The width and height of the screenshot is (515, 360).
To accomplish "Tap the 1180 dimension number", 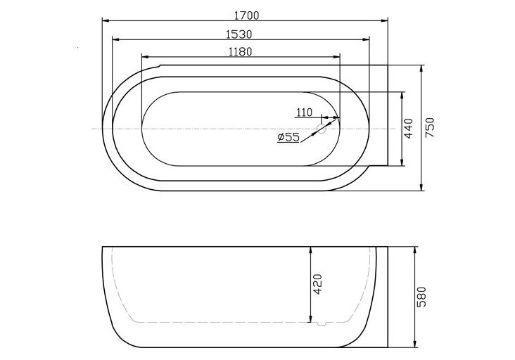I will [x=240, y=51].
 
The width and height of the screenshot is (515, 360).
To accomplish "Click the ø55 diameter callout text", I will [x=288, y=137].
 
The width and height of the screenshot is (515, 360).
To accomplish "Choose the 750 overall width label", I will [x=431, y=128].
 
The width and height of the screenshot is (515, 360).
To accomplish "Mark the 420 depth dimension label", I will [x=318, y=283].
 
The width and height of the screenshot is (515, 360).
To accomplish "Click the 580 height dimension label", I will [x=421, y=298].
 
